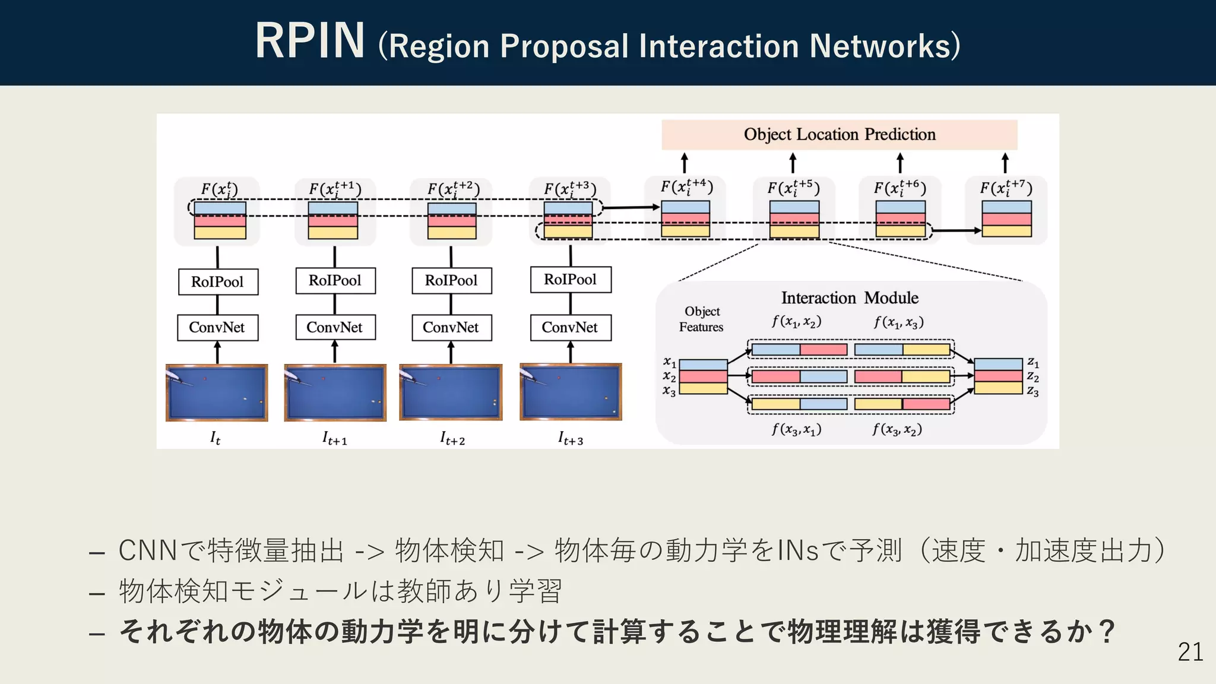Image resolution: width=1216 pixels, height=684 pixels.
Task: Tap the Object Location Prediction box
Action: [839, 135]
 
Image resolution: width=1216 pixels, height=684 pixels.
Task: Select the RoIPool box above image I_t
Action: [218, 281]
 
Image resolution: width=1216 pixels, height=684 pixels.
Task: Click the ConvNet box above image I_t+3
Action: [570, 327]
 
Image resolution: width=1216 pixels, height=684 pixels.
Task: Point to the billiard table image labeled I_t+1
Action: [335, 393]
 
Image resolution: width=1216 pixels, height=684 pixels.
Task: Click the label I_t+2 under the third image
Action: [452, 439]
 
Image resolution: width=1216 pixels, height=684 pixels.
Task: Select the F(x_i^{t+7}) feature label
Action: [1006, 189]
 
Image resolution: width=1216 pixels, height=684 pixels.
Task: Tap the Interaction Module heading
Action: [849, 297]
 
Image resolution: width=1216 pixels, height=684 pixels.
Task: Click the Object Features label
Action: [701, 319]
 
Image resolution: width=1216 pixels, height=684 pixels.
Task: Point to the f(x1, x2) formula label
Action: [796, 322]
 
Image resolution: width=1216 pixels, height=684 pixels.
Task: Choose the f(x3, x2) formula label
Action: [897, 429]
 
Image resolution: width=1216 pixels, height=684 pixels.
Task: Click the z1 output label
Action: [1033, 362]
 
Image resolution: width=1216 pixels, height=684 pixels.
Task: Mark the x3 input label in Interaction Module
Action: [669, 391]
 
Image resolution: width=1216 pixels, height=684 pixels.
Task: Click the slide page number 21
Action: [1190, 652]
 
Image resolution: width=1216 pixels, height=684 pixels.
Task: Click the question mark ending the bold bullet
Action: [1106, 631]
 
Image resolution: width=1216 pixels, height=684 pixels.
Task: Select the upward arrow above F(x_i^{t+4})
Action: [685, 163]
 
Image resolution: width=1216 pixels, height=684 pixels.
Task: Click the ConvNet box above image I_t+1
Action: [335, 327]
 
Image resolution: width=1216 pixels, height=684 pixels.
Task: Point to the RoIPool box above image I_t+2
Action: [451, 280]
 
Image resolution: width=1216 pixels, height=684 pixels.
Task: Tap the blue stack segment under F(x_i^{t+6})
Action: [900, 207]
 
